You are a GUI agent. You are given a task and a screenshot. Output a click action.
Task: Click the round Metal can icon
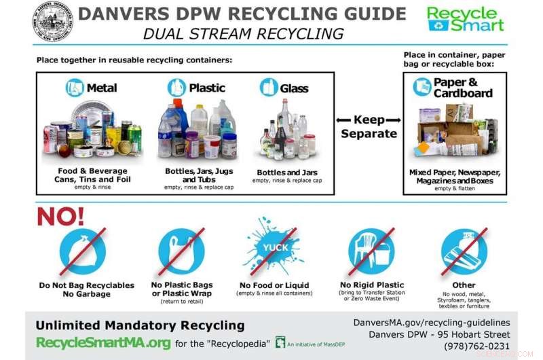74,88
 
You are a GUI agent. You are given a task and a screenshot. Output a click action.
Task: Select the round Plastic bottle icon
176,88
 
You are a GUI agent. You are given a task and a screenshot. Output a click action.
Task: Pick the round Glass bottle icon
269,88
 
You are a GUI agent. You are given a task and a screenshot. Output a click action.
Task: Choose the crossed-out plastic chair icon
371,250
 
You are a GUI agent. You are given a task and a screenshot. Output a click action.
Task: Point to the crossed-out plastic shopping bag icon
181,250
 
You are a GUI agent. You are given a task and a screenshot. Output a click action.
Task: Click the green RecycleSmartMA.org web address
102,342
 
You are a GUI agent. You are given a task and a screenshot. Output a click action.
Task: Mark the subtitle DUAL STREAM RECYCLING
243,33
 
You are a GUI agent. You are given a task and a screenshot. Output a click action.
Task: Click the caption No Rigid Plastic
371,285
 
